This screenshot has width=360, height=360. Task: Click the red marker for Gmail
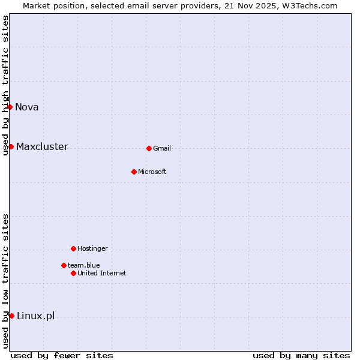pyautogui.click(x=149, y=148)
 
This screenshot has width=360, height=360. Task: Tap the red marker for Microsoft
pyautogui.click(x=134, y=172)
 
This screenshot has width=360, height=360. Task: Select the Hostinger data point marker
pyautogui.click(x=73, y=248)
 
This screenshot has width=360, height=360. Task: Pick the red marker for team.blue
pyautogui.click(x=64, y=265)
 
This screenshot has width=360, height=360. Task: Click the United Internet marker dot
pyautogui.click(x=73, y=273)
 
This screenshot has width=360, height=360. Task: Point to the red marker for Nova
pyautogui.click(x=10, y=107)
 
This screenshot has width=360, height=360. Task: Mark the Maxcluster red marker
pyautogui.click(x=11, y=146)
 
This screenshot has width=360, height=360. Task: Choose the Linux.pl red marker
pyautogui.click(x=11, y=316)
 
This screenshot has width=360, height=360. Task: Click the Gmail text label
pyautogui.click(x=162, y=148)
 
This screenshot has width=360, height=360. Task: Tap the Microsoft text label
pyautogui.click(x=152, y=172)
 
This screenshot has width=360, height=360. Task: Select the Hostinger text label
pyautogui.click(x=92, y=248)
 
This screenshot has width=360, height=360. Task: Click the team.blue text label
pyautogui.click(x=84, y=265)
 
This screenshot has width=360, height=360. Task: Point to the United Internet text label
pyautogui.click(x=102, y=273)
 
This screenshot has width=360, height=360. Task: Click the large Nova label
pyautogui.click(x=27, y=107)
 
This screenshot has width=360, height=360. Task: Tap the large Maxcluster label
pyautogui.click(x=42, y=146)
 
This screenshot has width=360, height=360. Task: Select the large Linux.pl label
pyautogui.click(x=35, y=316)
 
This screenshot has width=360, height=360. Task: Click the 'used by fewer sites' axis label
pyautogui.click(x=62, y=355)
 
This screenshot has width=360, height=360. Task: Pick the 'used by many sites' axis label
pyautogui.click(x=301, y=355)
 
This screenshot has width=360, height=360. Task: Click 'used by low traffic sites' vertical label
pyautogui.click(x=5, y=281)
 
